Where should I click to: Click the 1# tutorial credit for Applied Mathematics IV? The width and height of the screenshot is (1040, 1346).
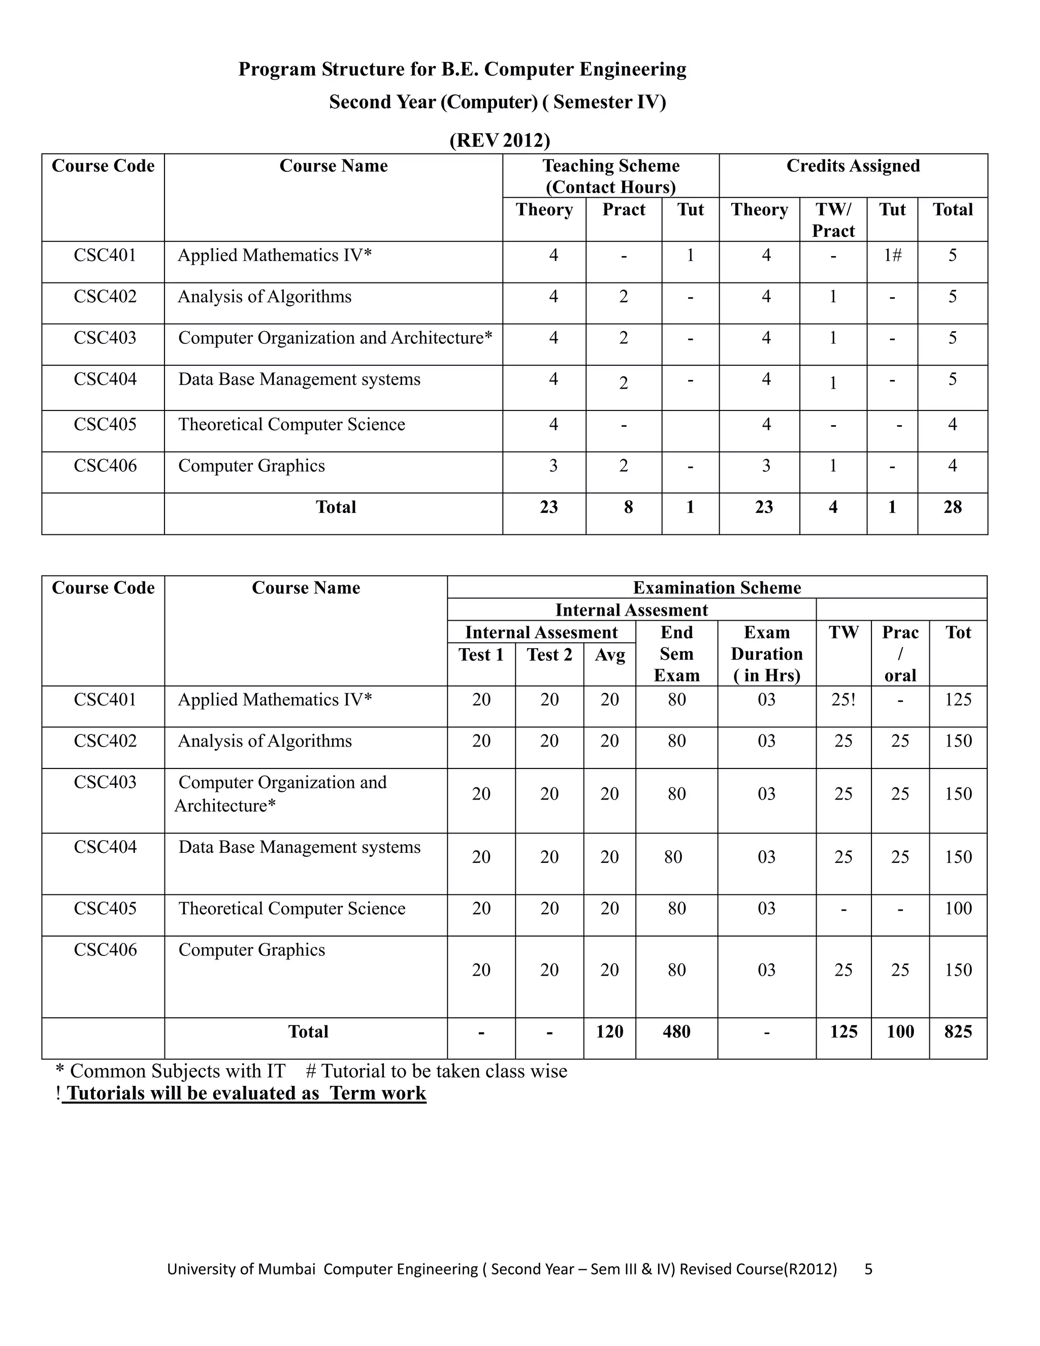point(892,255)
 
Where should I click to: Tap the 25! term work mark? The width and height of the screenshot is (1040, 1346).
point(843,699)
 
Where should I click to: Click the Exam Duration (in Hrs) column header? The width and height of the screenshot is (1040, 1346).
point(766,653)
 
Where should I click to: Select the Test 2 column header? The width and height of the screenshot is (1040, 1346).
point(549,654)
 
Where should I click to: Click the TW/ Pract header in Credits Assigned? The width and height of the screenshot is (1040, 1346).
point(833,219)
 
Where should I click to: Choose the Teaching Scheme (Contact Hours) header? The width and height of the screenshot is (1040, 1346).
point(610,176)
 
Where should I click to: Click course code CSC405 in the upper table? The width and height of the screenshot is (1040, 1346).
point(105,424)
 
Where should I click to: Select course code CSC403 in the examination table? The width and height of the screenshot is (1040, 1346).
point(105,782)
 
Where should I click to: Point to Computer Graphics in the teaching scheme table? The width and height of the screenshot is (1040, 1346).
point(251,465)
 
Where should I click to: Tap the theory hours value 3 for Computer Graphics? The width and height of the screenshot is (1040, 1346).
point(554,465)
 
